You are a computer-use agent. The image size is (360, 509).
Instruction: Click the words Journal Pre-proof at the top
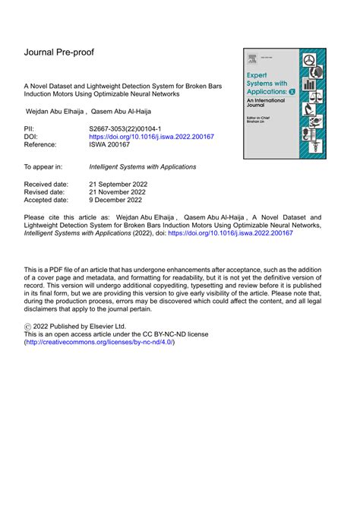(x=63, y=52)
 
